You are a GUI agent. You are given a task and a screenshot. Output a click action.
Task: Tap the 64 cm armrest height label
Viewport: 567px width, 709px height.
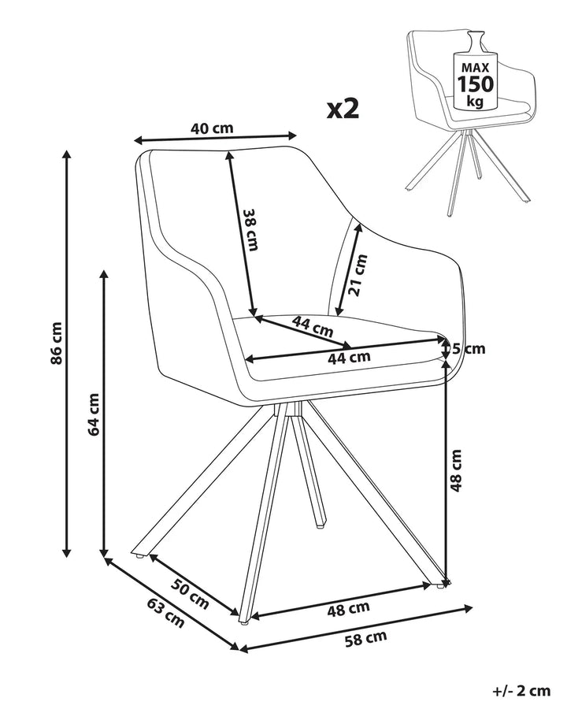point(94,414)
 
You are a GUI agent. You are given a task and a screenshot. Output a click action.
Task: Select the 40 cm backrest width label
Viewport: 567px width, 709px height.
point(212,128)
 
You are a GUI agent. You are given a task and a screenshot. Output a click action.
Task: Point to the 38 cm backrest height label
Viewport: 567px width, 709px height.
point(251,229)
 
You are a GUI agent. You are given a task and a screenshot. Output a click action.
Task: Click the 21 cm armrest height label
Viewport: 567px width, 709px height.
point(358,275)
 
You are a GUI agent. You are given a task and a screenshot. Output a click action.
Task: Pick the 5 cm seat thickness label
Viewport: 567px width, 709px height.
point(469,348)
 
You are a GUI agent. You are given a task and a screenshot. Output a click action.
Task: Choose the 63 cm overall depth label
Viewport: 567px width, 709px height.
point(165,613)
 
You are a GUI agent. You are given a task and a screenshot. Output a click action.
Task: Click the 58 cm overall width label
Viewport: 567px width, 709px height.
point(365,638)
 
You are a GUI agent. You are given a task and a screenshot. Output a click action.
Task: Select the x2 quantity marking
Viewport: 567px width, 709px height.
point(343,109)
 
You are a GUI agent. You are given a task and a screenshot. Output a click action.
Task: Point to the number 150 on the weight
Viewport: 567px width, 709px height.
point(475,84)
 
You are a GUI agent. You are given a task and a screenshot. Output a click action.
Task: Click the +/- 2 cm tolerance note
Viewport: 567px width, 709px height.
point(521,690)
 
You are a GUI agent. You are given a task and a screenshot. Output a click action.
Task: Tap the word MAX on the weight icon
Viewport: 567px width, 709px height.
point(475,68)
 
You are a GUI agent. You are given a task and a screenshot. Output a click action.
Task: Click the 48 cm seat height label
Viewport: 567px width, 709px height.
point(456,470)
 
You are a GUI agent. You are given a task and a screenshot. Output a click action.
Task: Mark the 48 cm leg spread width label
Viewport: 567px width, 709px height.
point(348,609)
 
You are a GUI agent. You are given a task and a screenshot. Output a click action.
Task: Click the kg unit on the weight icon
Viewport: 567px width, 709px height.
point(475,102)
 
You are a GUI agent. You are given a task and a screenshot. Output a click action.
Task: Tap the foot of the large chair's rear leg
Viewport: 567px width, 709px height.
point(320,524)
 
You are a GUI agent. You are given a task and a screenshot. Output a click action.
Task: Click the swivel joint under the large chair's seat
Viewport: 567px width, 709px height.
point(288,410)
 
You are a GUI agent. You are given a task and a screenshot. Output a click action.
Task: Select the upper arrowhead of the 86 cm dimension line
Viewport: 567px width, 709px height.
point(67,156)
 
